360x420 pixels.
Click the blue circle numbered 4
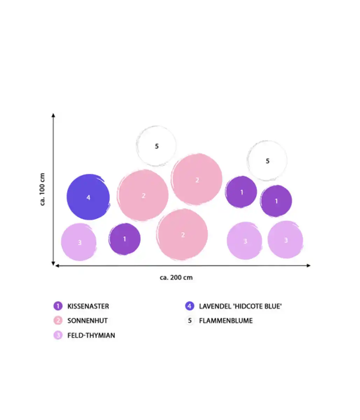pos(88,197)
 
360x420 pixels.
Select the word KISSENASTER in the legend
pos(88,306)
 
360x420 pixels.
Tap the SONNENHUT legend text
pos(87,321)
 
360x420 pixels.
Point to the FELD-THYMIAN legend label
pos(91,335)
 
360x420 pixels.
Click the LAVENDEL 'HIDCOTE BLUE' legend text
pos(240,306)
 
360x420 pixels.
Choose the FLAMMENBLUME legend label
pos(226,321)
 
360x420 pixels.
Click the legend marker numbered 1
pos(58,306)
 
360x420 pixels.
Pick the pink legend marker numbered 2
pos(58,321)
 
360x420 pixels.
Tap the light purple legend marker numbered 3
pos(58,335)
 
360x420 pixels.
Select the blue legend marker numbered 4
pos(190,306)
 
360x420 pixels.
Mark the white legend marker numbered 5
pos(190,321)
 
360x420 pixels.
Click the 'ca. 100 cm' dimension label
pos(43,189)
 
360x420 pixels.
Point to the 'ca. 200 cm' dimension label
pos(176,278)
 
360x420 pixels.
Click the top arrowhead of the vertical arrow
pos(53,115)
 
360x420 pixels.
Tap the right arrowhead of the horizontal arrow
pos(308,266)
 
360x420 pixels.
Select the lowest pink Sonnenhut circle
pos(182,234)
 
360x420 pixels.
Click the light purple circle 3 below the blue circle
pos(79,242)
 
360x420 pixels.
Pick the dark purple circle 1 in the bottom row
pos(125,239)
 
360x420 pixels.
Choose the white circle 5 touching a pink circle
pos(156,146)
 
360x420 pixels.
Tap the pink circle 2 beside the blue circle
pos(143,196)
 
